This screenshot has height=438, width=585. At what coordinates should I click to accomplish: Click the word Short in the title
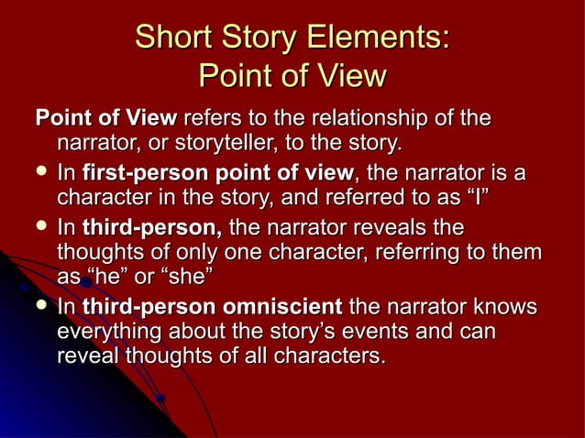coord(171,38)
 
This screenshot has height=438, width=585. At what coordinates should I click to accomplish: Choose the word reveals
coord(388,226)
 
